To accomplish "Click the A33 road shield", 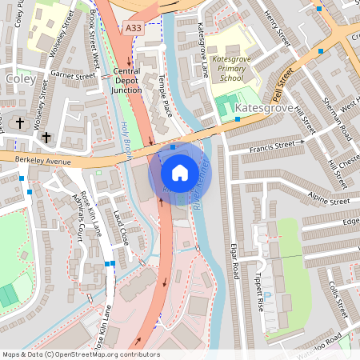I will [x=134, y=27].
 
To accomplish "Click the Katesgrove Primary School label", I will [x=231, y=68].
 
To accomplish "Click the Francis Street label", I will [x=276, y=147].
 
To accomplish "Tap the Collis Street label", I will [x=336, y=302].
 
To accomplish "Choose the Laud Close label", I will [x=121, y=227].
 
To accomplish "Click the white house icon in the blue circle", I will [x=180, y=172].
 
